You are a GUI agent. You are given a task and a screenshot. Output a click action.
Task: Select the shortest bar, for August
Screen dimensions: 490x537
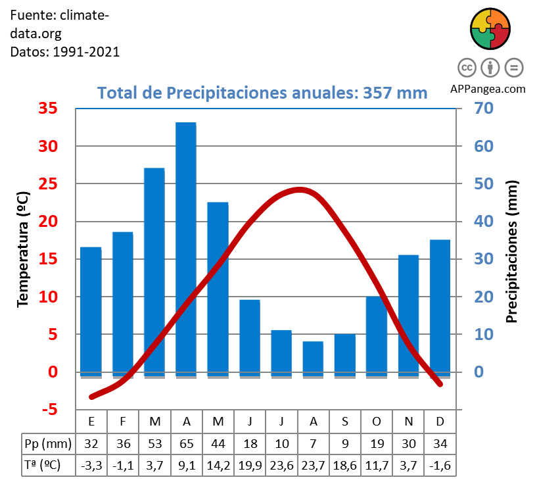tap(313, 358)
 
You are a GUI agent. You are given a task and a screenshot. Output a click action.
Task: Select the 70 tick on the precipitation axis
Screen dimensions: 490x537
tap(479, 109)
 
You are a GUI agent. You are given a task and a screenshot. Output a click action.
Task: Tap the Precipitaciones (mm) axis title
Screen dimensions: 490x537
tap(513, 252)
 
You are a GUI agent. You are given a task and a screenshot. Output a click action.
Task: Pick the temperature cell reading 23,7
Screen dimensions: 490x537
tap(313, 465)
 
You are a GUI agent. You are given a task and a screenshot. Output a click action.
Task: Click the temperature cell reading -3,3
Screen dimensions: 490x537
tap(91, 465)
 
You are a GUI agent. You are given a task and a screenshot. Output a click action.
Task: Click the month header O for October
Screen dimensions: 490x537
tap(377, 421)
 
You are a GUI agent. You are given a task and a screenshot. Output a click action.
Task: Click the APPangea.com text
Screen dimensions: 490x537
tap(488, 89)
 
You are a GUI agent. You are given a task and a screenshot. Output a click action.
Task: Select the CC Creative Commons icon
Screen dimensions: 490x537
tap(467, 67)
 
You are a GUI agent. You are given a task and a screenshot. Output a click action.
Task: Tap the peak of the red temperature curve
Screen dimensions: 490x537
tap(300, 190)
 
